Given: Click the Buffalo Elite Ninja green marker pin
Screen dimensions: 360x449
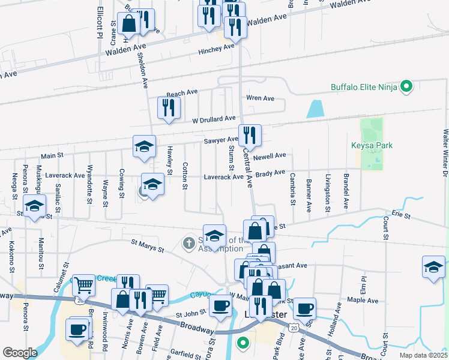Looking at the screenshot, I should pos(406,87).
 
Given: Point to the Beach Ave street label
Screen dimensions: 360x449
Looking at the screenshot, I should pos(182,93).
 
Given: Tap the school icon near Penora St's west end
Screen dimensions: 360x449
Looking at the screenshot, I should pos(34,206).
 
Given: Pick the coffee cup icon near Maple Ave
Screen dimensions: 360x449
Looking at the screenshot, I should pos(304,308).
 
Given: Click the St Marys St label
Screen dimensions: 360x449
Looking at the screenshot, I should pos(148,245).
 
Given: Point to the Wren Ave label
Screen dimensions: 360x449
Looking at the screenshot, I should pos(260,98).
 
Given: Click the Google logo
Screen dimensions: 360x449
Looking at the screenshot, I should pos(20,352).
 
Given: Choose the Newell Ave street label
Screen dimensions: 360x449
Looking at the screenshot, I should pos(270,156).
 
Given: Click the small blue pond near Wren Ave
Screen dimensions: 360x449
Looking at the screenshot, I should pos(315,109).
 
